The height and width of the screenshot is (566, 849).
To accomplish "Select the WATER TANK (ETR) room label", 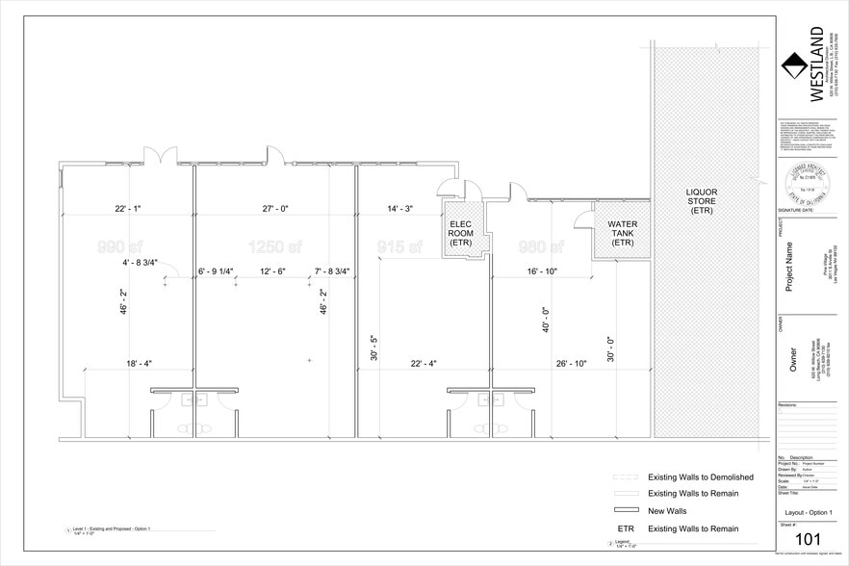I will (622, 233).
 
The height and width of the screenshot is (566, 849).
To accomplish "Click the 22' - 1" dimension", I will (128, 209).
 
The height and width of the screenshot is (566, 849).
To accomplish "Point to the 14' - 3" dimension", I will (399, 209).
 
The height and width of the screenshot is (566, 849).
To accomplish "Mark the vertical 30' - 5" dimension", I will (373, 347).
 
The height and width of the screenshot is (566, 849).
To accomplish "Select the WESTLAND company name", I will (816, 63).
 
